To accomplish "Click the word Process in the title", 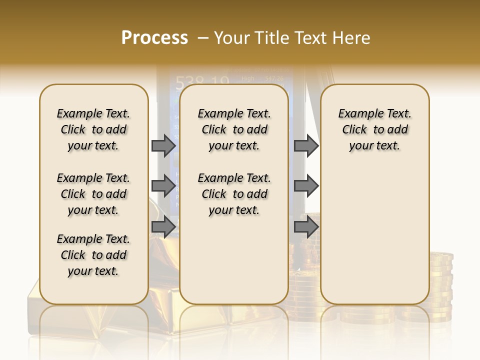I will point(154,38).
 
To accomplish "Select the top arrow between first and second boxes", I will point(163,145).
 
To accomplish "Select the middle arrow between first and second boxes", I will point(163,186).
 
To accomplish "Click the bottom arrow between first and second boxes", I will point(163,226).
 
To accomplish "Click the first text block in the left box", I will point(93,129).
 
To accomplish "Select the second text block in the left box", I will point(93,194).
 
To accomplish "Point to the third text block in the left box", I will point(93,255).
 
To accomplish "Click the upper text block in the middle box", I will point(234,129).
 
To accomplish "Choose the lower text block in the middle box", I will point(234,194).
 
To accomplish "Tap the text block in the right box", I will point(375,129).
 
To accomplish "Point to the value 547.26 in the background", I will point(274,78).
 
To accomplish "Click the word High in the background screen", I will point(247,78).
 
